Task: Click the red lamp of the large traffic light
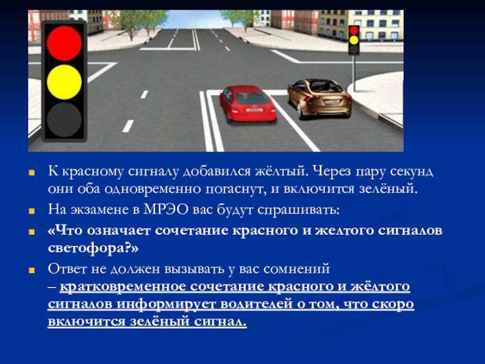tap(64, 43)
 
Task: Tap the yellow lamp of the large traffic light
tap(64, 82)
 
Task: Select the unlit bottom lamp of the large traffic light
tap(64, 120)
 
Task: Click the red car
tap(248, 104)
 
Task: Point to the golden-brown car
tap(319, 98)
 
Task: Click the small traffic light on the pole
tap(354, 40)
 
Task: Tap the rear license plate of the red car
tap(254, 110)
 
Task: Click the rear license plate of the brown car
tap(332, 102)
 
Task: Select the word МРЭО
tap(166, 209)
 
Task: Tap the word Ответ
tap(67, 269)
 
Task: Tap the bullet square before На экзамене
tap(32, 211)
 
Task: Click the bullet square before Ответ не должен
tap(32, 270)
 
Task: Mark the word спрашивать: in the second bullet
tap(298, 210)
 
